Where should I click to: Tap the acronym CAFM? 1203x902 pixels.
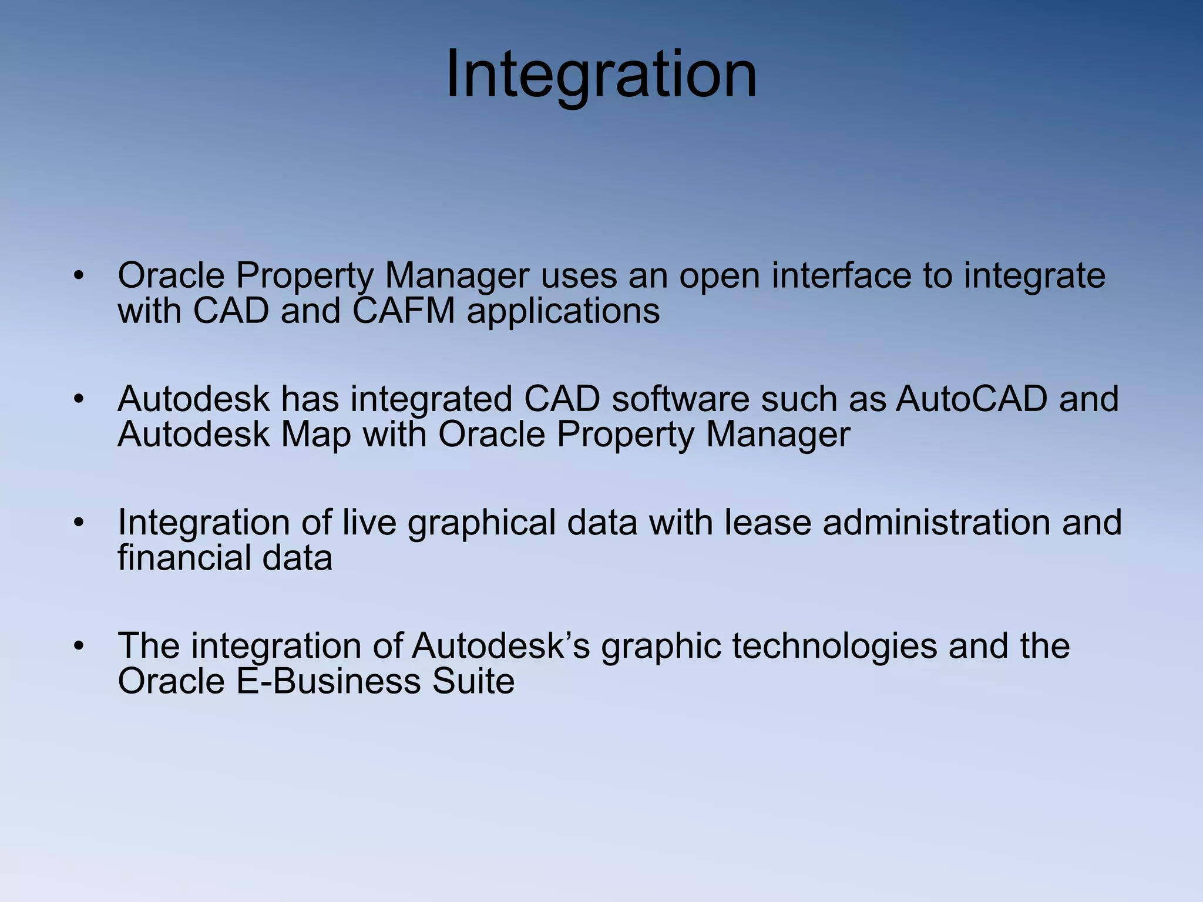coord(404,311)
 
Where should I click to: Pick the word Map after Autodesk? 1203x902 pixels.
coord(315,435)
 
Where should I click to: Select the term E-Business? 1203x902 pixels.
coord(328,681)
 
